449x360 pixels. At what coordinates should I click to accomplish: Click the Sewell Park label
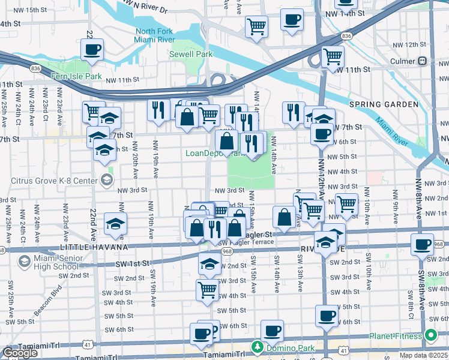[x=196, y=54]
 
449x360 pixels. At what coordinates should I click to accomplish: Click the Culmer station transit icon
[x=423, y=61]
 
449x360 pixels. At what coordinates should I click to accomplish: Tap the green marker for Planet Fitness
[x=430, y=335]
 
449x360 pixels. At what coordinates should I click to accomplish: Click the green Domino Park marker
[x=258, y=346]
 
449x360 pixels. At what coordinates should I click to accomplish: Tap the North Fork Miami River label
[x=155, y=35]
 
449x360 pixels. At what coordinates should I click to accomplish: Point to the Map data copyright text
[x=424, y=355]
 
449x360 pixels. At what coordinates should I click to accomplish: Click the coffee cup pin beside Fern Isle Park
[x=92, y=50]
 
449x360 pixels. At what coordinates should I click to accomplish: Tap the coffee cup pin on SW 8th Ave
[x=423, y=244]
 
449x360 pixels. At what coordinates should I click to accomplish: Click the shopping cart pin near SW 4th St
[x=207, y=289]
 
